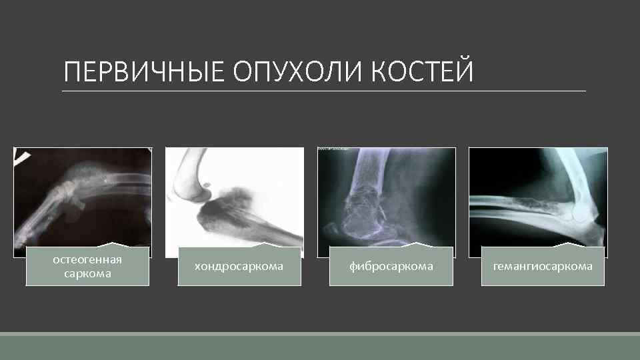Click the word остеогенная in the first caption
87,259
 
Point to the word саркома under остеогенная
87,273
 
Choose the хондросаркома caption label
239,266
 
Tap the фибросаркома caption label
391,266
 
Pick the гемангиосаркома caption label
543,266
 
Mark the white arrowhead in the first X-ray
23,155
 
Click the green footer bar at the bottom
320,347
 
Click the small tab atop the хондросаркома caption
269,243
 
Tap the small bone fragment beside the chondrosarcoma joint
206,183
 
